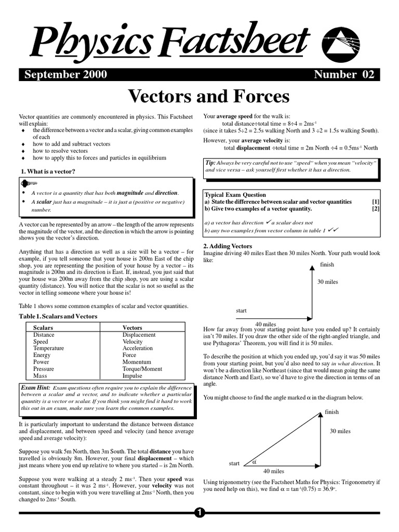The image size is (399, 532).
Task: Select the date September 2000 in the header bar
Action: point(65,74)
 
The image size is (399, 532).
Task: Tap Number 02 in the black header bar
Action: point(344,74)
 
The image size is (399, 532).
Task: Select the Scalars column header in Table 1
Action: point(43,328)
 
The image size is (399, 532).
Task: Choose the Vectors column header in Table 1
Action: point(132,328)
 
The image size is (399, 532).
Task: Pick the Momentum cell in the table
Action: point(136,362)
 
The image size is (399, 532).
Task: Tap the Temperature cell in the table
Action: point(48,348)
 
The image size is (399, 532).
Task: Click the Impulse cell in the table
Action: point(132,376)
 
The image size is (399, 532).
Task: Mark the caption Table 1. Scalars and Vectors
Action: point(58,316)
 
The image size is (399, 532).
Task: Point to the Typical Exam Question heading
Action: point(235,195)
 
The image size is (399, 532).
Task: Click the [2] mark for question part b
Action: point(376,209)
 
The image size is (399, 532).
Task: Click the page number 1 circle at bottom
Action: point(199,513)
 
